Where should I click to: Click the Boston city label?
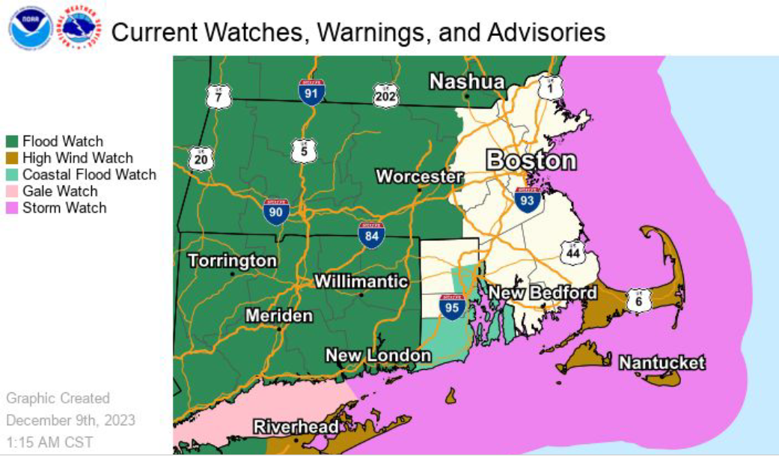(531, 160)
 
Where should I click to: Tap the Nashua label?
(466, 82)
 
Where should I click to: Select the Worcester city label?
(419, 177)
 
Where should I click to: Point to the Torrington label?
(233, 261)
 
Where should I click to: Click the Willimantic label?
(361, 282)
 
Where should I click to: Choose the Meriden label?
(279, 316)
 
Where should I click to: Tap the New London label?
(378, 356)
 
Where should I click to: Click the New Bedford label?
(543, 293)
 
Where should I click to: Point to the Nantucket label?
(662, 363)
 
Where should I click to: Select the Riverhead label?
(296, 428)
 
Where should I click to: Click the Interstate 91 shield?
(311, 91)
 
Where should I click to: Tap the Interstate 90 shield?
(276, 212)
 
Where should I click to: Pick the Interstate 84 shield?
(370, 234)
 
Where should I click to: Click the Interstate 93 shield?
(528, 200)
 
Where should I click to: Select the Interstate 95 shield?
(453, 305)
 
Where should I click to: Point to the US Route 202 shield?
(386, 96)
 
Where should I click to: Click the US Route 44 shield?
(572, 253)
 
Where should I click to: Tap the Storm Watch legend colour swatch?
(13, 208)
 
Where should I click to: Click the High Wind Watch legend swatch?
(13, 158)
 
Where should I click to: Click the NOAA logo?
(30, 28)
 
